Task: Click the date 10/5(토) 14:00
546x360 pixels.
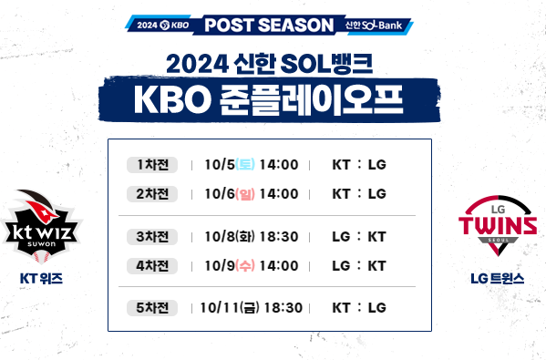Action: click(x=252, y=165)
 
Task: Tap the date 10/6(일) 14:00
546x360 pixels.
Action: click(x=252, y=193)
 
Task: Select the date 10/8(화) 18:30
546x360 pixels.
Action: click(x=252, y=237)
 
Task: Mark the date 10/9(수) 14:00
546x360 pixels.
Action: click(x=252, y=265)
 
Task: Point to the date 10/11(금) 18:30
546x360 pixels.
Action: click(x=251, y=307)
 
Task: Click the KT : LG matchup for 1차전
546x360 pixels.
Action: click(x=359, y=165)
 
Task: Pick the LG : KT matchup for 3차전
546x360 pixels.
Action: click(x=359, y=237)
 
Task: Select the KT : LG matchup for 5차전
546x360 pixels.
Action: click(x=359, y=307)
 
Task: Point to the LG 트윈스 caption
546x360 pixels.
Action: click(x=498, y=277)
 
